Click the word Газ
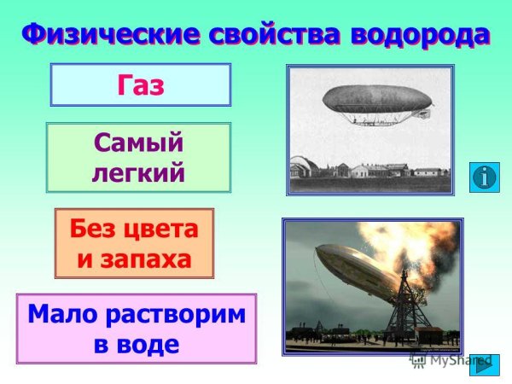coord(140,85)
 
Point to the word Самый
coord(137,142)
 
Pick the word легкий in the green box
coord(137,172)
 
